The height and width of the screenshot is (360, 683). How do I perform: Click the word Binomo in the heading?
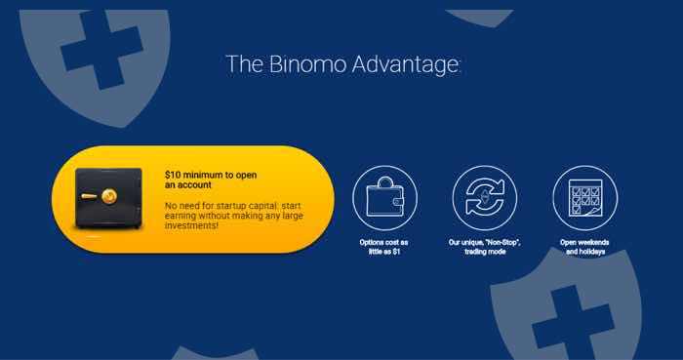point(308,64)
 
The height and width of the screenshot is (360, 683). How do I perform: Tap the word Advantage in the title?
point(405,65)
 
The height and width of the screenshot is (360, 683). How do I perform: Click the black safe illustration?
point(108,198)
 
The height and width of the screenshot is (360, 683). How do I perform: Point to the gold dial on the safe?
point(108,196)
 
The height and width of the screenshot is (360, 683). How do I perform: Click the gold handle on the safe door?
point(89,196)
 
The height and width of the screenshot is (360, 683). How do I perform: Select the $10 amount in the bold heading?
point(173,175)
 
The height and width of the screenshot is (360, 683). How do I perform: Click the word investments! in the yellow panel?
point(191,225)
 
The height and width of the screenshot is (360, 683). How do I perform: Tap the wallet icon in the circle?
point(384,197)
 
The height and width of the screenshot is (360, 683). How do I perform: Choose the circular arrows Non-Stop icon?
point(484,197)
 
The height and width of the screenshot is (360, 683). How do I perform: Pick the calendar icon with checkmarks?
point(585,197)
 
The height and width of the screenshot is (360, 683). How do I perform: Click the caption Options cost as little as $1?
point(383,247)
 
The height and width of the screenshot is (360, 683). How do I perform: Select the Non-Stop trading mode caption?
point(484,247)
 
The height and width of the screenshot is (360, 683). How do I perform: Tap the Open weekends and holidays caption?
point(584,247)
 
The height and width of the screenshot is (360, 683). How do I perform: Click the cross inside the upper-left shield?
point(101,50)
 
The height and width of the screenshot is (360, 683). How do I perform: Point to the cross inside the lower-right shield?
point(573,323)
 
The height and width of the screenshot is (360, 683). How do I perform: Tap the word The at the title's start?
point(244,64)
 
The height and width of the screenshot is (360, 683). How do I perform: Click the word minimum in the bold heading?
point(204,175)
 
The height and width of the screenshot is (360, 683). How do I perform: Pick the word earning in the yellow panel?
point(181,217)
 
